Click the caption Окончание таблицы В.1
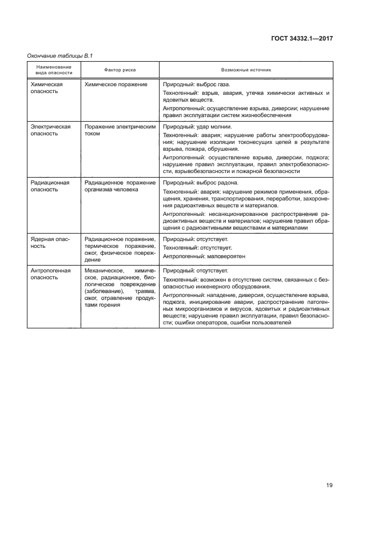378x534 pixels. (60, 55)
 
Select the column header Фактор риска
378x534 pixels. (120, 70)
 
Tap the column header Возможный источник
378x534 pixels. (245, 70)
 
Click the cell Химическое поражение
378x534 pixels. (116, 84)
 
